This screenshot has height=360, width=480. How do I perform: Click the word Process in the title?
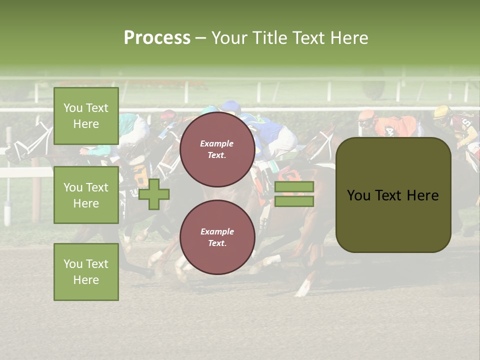[x=157, y=38]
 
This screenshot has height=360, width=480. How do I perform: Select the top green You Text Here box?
[x=86, y=116]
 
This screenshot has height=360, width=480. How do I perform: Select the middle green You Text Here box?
[x=86, y=195]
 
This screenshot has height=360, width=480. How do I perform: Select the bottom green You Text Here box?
[x=86, y=272]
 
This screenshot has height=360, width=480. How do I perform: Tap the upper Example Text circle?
[x=217, y=149]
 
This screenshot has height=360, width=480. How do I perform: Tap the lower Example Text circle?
[x=217, y=237]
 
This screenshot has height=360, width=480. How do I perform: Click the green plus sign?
[x=154, y=194]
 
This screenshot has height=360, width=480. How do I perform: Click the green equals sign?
[x=294, y=194]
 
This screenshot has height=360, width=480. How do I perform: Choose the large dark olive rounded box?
[x=393, y=195]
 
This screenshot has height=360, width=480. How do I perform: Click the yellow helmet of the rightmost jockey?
[x=442, y=112]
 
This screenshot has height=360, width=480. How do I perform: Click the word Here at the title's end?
[x=350, y=38]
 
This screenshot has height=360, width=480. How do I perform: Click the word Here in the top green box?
[x=86, y=124]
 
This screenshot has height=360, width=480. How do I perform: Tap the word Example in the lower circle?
[x=217, y=231]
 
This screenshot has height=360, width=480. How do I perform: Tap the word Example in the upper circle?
[x=217, y=143]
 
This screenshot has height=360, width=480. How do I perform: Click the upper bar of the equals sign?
[x=294, y=186]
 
